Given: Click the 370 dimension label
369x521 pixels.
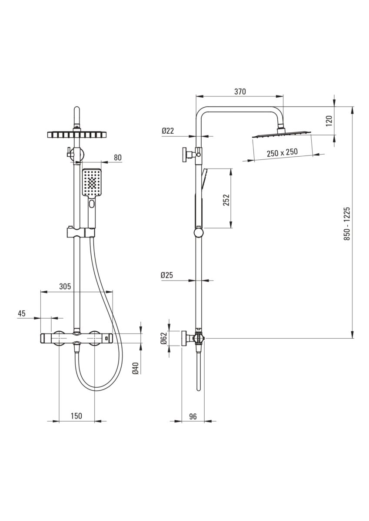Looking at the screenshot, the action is pyautogui.click(x=240, y=92).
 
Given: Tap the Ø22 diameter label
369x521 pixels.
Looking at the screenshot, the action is pyautogui.click(x=168, y=131).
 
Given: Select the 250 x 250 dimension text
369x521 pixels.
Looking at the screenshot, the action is pyautogui.click(x=282, y=152).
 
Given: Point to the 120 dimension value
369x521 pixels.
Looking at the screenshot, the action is pyautogui.click(x=329, y=121).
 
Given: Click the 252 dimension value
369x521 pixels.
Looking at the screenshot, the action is pyautogui.click(x=226, y=200).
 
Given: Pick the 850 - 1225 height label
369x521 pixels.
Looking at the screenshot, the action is pyautogui.click(x=347, y=224).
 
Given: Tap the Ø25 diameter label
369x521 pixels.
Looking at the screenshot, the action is pyautogui.click(x=167, y=275).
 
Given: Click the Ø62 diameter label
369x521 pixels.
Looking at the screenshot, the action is pyautogui.click(x=164, y=338).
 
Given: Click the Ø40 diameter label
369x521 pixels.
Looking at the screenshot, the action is pyautogui.click(x=136, y=368).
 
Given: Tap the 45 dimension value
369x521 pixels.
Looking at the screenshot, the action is pyautogui.click(x=22, y=313).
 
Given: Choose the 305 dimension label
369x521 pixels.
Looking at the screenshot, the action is pyautogui.click(x=65, y=286).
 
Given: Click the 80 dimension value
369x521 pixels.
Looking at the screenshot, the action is pyautogui.click(x=118, y=158).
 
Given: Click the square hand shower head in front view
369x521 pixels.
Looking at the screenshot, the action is pyautogui.click(x=92, y=182).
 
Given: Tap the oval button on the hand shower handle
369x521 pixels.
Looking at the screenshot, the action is pyautogui.click(x=92, y=204).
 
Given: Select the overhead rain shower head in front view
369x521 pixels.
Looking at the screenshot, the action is pyautogui.click(x=77, y=135).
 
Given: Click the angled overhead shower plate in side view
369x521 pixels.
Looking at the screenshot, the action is pyautogui.click(x=282, y=135).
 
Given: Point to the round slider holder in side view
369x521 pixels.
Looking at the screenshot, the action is pyautogui.click(x=199, y=233).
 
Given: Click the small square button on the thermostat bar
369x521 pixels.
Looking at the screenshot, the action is pyautogui.click(x=106, y=338).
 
